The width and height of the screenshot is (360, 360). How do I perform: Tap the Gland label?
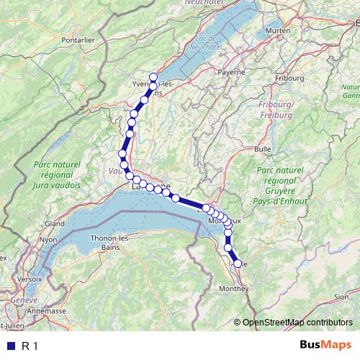[55, 224]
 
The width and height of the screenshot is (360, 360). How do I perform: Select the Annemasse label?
[45, 311]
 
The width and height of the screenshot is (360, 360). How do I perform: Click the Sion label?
[341, 295]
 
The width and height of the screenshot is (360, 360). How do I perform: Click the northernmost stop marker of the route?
[153, 77]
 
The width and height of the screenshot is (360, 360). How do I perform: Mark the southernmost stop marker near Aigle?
[238, 264]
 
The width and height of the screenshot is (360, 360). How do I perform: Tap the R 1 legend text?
[30, 346]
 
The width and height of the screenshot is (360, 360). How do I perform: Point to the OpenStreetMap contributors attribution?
[296, 322]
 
